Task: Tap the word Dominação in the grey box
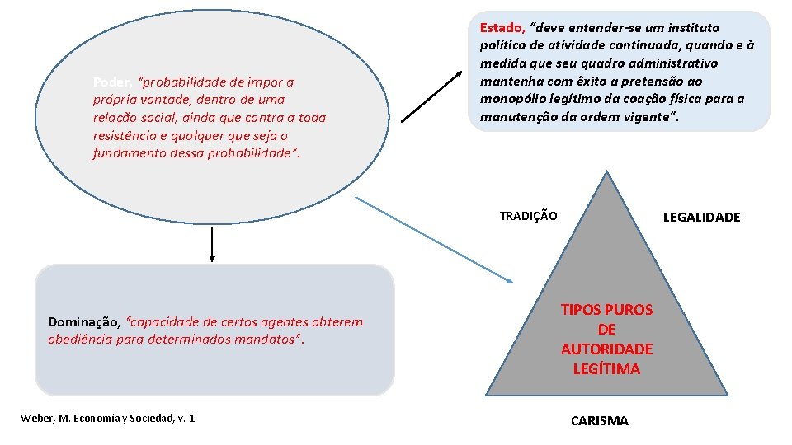84,321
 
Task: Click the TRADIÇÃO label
528,216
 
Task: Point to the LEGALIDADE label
701,217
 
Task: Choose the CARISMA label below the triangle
599,421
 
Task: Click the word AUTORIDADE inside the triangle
606,349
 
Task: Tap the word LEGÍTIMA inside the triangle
606,368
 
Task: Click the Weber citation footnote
108,419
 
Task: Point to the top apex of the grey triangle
607,172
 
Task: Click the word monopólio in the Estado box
510,99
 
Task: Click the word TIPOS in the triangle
581,310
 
